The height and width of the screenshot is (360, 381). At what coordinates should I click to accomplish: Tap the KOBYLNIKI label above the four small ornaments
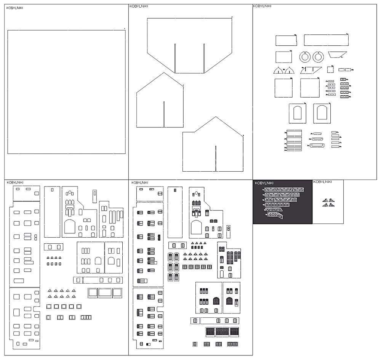tap(322, 182)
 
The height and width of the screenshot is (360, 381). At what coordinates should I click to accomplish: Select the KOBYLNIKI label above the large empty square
tap(15, 7)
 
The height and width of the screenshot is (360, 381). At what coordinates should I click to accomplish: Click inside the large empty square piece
tap(67, 92)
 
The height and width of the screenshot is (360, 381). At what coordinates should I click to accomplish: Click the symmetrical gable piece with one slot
tap(160, 103)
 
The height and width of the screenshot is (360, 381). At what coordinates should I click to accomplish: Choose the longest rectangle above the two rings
tap(326, 40)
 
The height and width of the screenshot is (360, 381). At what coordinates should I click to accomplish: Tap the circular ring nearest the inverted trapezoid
tap(318, 57)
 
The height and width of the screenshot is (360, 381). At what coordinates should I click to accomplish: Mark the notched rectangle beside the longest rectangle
tap(286, 40)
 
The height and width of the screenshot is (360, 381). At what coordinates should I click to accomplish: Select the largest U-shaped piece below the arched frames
tap(317, 145)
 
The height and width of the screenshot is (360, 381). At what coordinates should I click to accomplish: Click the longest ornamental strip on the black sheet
tap(284, 189)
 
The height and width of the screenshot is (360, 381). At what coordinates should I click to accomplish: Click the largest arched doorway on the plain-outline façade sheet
tap(70, 227)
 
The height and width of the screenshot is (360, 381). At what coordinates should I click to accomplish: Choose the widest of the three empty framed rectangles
tap(105, 292)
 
